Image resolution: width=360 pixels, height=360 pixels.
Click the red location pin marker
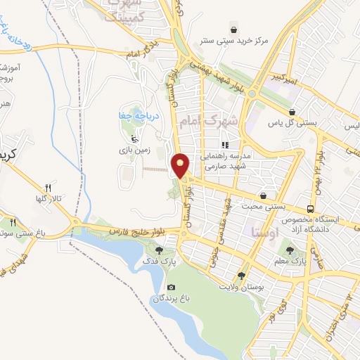181,165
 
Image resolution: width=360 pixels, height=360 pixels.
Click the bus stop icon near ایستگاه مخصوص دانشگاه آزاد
310,209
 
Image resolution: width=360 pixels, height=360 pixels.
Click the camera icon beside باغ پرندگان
171,287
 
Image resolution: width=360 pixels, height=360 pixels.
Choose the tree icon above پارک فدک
160,248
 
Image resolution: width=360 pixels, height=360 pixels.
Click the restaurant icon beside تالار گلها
49,188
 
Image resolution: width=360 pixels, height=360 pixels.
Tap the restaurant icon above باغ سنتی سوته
13,223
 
